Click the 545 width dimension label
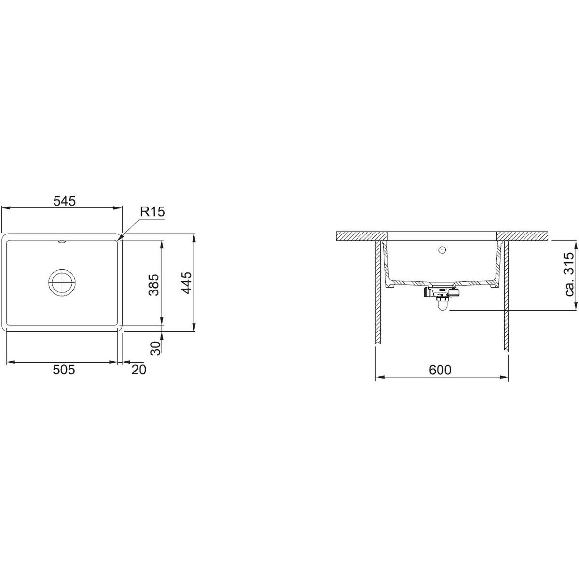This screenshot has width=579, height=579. coord(64,201)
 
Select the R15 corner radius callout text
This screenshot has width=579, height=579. coord(152,212)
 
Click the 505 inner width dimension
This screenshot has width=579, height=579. coord(64,370)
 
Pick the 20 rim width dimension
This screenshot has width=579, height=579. coord(138,370)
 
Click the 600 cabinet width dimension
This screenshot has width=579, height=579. coord(440,370)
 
